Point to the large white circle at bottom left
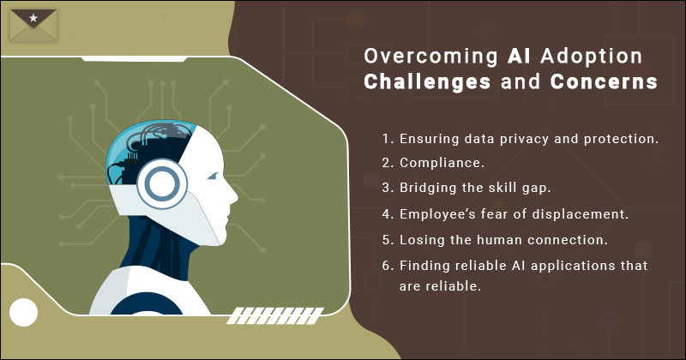pyautogui.click(x=24, y=312)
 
